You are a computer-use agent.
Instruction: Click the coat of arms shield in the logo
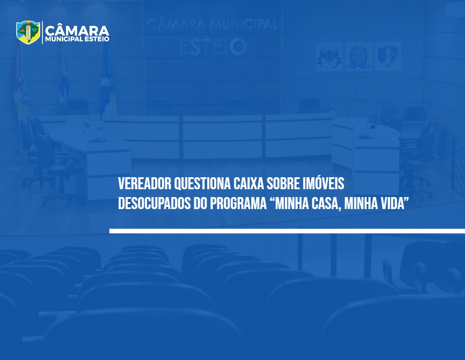point(28,32)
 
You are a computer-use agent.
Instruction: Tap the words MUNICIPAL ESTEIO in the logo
point(77,39)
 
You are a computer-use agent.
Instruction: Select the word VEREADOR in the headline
point(145,184)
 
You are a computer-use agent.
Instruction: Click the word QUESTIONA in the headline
point(202,184)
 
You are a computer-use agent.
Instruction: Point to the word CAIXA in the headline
point(249,184)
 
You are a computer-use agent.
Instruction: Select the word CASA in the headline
point(324,204)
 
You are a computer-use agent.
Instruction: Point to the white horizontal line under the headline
point(287,231)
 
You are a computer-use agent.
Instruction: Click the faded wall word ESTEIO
point(213,47)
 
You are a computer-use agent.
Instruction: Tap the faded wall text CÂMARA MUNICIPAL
point(212,24)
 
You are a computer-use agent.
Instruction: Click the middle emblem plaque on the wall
point(358,56)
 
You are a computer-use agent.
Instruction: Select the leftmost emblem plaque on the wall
point(329,56)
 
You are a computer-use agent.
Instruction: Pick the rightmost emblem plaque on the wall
point(388,56)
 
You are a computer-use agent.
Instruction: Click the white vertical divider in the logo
point(42,32)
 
